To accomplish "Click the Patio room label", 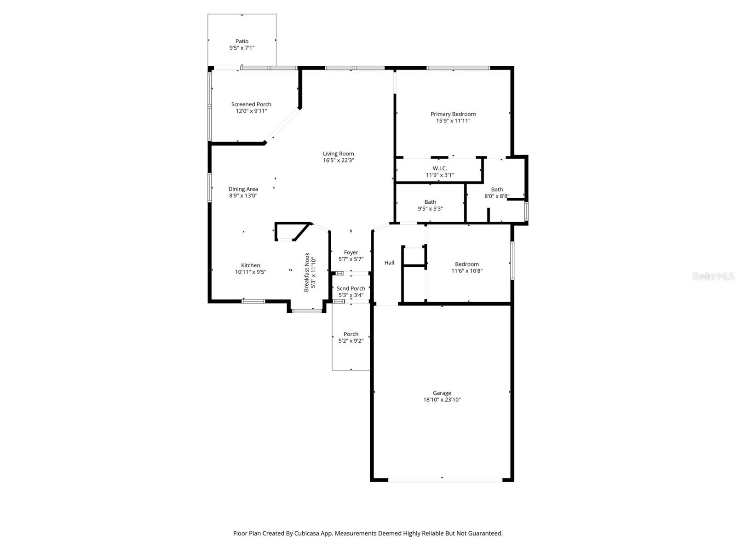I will click(x=242, y=41).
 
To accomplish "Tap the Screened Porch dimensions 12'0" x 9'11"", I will click(x=251, y=111).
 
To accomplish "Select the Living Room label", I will click(x=338, y=154).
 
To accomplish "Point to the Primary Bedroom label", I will click(x=453, y=114).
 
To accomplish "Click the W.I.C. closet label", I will click(x=440, y=168).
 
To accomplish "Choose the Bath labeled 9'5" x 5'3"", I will click(x=430, y=205).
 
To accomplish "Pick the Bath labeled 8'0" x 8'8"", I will click(x=497, y=193).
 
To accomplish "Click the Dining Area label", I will click(x=243, y=189).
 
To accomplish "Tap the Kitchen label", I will click(x=250, y=265).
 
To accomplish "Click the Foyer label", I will click(x=351, y=253).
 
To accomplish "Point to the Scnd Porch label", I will click(x=351, y=288).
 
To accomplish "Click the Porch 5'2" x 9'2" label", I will click(x=351, y=337).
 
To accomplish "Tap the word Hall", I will click(x=389, y=263).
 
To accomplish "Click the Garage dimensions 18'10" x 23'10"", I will click(x=442, y=400).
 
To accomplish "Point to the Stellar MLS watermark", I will click(x=713, y=276).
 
